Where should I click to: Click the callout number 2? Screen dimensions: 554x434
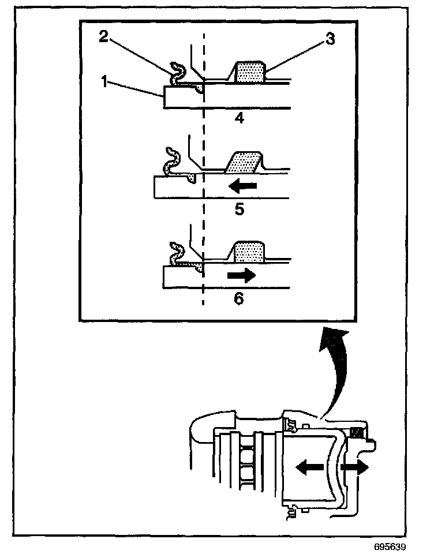[x=103, y=36]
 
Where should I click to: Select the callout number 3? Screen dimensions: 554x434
[x=330, y=40]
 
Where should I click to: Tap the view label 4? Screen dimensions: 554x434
[x=239, y=118]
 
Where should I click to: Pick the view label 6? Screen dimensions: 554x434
[x=239, y=299]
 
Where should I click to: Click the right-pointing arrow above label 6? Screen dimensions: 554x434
[x=241, y=276]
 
